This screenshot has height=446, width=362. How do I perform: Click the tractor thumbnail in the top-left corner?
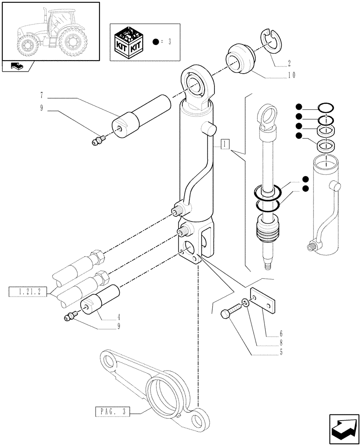[x=50, y=32]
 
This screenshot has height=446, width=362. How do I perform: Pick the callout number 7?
[x=41, y=95]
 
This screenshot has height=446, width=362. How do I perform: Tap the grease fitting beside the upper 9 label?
[x=97, y=141]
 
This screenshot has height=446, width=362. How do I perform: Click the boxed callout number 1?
[x=225, y=144]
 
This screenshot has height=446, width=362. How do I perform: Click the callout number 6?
[x=282, y=333]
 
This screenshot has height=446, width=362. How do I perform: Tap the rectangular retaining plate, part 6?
[x=263, y=301]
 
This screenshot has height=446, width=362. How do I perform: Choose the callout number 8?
[x=282, y=343]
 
